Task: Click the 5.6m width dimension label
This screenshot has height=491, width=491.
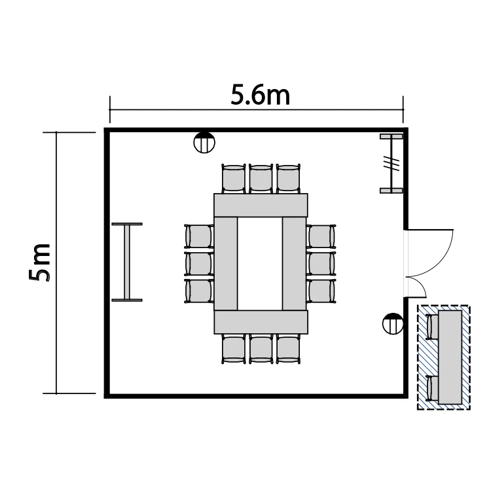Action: coord(260,94)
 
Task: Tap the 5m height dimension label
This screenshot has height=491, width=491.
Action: coord(40,262)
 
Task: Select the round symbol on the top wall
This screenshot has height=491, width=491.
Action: coord(204,142)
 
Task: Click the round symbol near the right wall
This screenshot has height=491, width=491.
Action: coord(393,323)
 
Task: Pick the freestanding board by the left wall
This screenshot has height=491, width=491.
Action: coord(127,262)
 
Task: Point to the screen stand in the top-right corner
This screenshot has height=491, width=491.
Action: coord(391,164)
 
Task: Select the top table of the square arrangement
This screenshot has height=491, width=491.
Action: coord(261,205)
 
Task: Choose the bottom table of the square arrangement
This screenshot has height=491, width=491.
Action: coord(261,322)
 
